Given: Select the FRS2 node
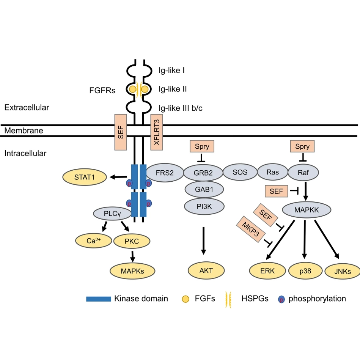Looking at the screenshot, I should point(164,173).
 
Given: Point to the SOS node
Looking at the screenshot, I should point(240,172).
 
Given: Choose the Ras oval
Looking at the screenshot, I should point(272,172).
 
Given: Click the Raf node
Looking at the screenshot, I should point(303,172).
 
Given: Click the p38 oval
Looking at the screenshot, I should point(305,271).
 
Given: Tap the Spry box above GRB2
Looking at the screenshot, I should point(202,146).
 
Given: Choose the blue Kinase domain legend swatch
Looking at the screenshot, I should point(99,299).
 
